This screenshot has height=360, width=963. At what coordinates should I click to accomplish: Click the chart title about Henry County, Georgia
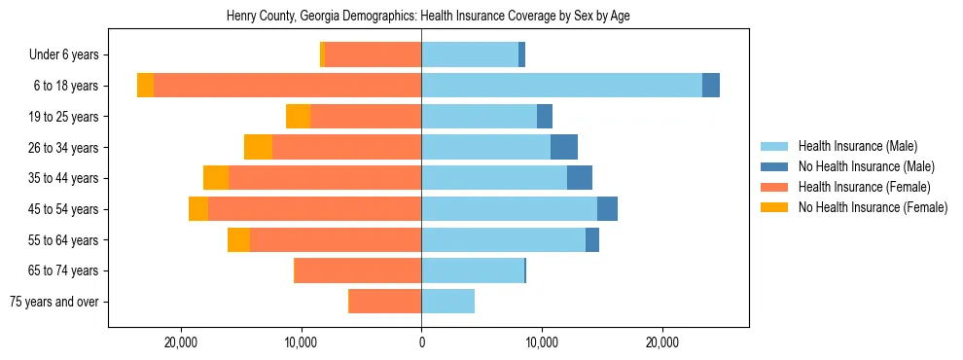pyautogui.click(x=421, y=17)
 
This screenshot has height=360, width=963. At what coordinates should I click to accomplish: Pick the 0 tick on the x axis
pyautogui.click(x=421, y=342)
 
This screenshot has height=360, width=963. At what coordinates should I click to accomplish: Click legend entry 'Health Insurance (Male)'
pyautogui.click(x=857, y=146)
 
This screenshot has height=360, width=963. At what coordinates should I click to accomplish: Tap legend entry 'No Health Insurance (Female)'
pyautogui.click(x=872, y=207)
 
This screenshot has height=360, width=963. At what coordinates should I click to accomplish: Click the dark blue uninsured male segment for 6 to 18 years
pyautogui.click(x=711, y=86)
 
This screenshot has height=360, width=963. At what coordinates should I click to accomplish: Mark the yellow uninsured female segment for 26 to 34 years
pyautogui.click(x=258, y=147)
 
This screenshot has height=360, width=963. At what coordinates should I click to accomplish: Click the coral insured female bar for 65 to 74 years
pyautogui.click(x=358, y=270)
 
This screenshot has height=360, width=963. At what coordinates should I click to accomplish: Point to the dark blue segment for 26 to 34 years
pyautogui.click(x=564, y=147)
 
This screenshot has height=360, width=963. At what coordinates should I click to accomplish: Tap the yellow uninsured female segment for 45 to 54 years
pyautogui.click(x=198, y=209)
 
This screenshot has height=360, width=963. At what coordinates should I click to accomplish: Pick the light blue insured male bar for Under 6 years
pyautogui.click(x=470, y=55)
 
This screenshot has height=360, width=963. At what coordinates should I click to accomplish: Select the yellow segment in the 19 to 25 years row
pyautogui.click(x=298, y=117)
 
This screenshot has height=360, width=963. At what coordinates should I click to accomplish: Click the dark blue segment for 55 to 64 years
pyautogui.click(x=592, y=240)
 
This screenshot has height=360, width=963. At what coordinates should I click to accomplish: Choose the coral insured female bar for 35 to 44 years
pyautogui.click(x=325, y=178)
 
